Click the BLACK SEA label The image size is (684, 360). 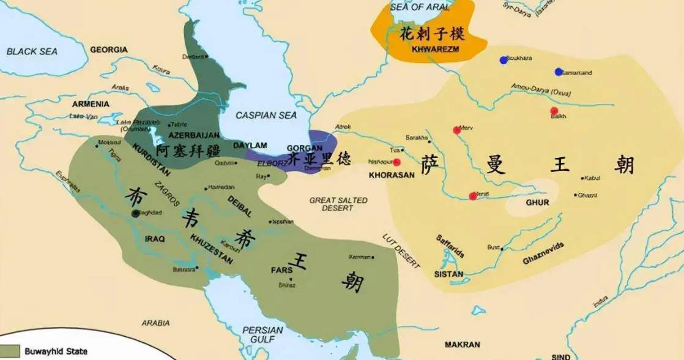(32, 51)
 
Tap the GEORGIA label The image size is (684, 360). (109, 49)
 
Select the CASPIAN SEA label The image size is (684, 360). (266, 115)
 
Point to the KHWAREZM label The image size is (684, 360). (436, 48)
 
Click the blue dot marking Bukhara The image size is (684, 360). (504, 60)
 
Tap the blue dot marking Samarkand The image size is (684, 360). (559, 72)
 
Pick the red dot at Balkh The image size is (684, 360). (554, 111)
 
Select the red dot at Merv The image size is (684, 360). (456, 130)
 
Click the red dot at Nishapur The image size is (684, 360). (396, 162)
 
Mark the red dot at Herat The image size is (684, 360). (472, 196)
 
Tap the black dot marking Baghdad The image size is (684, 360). (135, 213)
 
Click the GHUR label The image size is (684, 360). (537, 202)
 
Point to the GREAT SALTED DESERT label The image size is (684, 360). (338, 204)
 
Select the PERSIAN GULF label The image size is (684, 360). (262, 334)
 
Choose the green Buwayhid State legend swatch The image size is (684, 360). (10, 351)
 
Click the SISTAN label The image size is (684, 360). (448, 274)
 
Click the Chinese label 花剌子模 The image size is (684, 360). (429, 33)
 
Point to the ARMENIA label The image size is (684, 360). (90, 104)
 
